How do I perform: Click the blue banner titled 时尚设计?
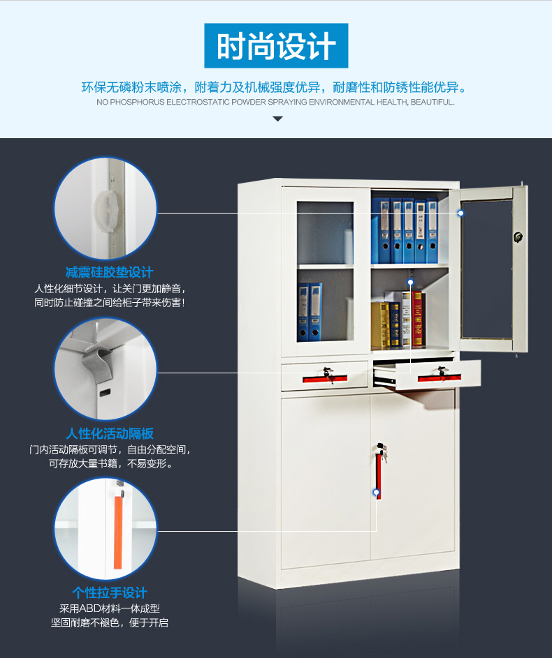pyautogui.click(x=276, y=46)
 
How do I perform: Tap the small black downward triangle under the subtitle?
pyautogui.click(x=277, y=119)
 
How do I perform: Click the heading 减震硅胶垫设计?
pyautogui.click(x=109, y=272)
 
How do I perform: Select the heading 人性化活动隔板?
pyautogui.click(x=110, y=433)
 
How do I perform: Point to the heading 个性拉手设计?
pyautogui.click(x=110, y=592)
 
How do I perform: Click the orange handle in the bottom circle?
pyautogui.click(x=118, y=532)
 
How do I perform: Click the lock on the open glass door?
pyautogui.click(x=518, y=237)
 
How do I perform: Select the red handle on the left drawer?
pyautogui.click(x=325, y=378)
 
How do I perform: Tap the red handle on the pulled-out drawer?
pyautogui.click(x=440, y=377)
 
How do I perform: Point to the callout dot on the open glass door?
pyautogui.click(x=460, y=213)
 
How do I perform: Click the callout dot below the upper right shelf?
pyautogui.click(x=410, y=282)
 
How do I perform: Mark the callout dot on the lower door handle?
pyautogui.click(x=377, y=492)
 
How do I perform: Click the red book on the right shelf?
pyautogui.click(x=417, y=319)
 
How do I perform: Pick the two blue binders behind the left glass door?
pyautogui.click(x=310, y=312)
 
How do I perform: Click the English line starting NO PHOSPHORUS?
pyautogui.click(x=275, y=102)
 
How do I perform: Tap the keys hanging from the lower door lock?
pyautogui.click(x=383, y=454)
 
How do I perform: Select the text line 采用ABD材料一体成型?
pyautogui.click(x=110, y=608)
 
